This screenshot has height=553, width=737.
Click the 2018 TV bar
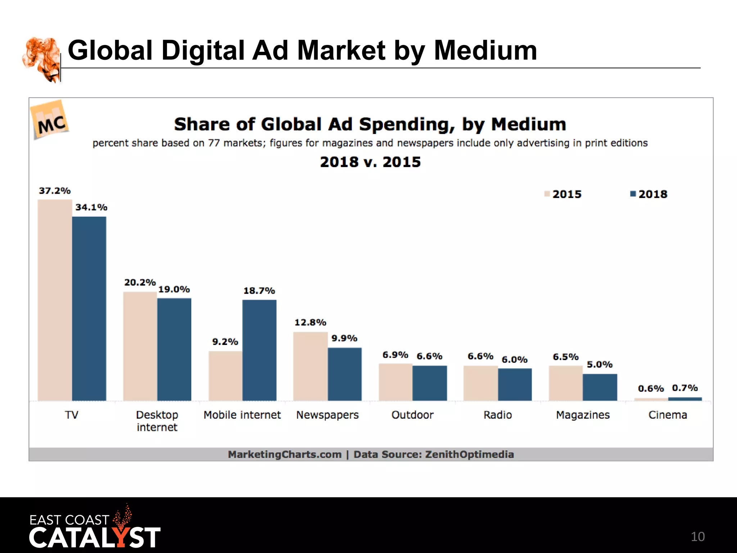[x=89, y=309]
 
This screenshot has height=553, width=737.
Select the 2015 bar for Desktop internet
[x=140, y=346]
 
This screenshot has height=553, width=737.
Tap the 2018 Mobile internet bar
[x=259, y=350]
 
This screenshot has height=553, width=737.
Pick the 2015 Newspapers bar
[x=310, y=366]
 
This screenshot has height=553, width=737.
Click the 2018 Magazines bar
[x=600, y=387]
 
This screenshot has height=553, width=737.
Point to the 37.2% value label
[x=55, y=191]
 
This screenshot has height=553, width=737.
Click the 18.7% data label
[x=259, y=291]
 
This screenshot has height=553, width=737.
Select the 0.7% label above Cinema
[x=684, y=388]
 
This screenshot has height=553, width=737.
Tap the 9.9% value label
[x=344, y=338]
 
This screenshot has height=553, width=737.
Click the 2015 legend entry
[x=563, y=194]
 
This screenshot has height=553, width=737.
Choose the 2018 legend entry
[x=649, y=194]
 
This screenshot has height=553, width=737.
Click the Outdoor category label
[x=412, y=415]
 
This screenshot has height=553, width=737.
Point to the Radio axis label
[x=497, y=415]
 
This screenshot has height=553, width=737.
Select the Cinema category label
[x=668, y=415]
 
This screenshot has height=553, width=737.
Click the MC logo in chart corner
[x=51, y=121]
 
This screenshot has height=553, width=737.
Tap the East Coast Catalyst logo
[x=94, y=529]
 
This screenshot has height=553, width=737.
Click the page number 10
[x=697, y=537]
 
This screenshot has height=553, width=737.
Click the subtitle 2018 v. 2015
[x=370, y=162]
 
